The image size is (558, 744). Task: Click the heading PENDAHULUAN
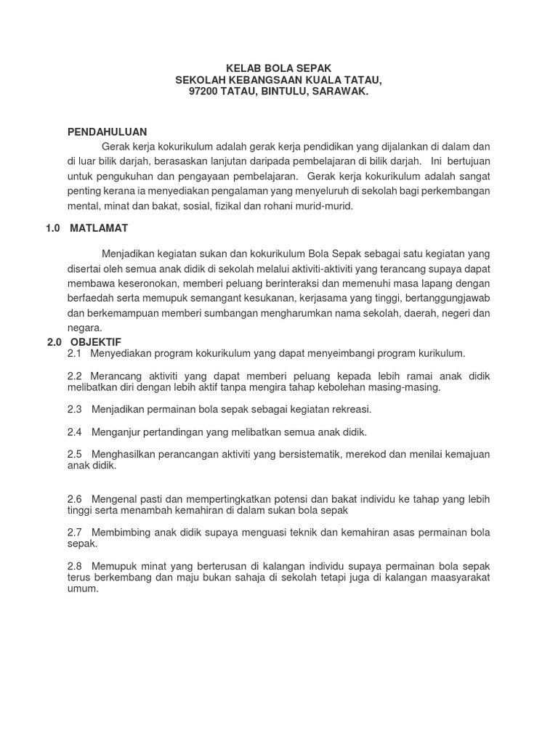coord(107,132)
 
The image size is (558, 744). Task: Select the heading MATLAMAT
coord(99,228)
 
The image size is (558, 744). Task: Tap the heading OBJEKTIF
coord(96,341)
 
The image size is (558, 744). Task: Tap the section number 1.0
coord(52,228)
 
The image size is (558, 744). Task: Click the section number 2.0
coord(55,341)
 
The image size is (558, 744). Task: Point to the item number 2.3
coord(75,410)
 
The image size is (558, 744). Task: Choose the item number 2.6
coord(75,499)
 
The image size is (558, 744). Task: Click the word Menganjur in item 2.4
coord(114,432)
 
